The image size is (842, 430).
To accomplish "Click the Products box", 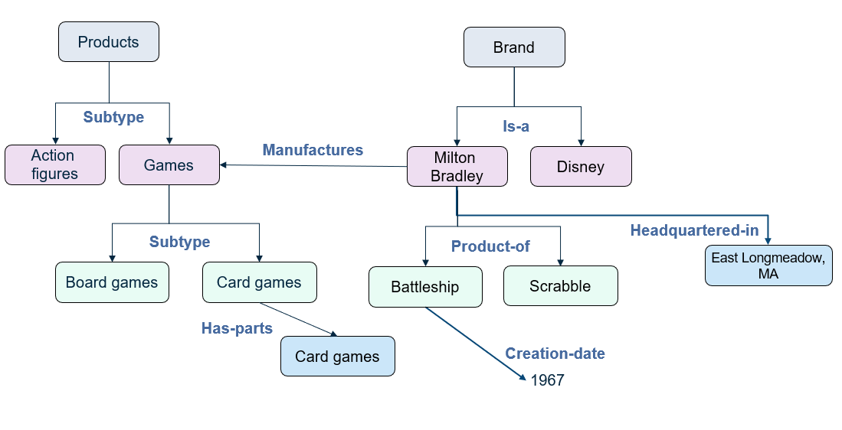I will click(109, 42).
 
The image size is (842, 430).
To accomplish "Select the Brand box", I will click(514, 47).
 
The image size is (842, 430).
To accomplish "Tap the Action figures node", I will click(54, 165).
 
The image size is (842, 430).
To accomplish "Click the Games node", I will click(169, 165).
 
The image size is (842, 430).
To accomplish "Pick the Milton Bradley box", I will click(457, 167).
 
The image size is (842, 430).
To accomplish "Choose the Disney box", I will click(581, 167).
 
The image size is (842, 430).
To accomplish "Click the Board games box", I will click(112, 282).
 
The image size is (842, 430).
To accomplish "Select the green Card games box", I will click(259, 282).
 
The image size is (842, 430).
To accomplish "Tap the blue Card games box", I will click(337, 357).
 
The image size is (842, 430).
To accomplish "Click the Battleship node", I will click(425, 287).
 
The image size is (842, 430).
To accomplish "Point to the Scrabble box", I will click(560, 286).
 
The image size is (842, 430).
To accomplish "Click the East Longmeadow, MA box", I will click(768, 265).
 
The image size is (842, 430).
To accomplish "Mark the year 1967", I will click(547, 380).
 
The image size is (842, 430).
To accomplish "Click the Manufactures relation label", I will click(313, 150).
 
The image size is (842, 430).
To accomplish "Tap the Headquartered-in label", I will click(694, 230).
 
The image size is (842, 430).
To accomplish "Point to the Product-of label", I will click(490, 246).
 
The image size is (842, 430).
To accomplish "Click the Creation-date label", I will click(555, 353).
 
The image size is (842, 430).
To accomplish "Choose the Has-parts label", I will click(237, 328).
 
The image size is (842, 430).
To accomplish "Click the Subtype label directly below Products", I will click(113, 118).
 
